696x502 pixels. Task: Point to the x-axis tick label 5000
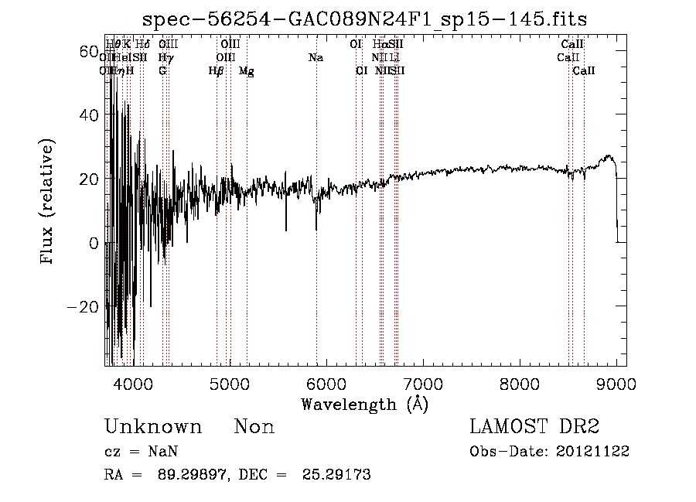click(230, 383)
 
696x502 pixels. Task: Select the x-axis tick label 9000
click(616, 383)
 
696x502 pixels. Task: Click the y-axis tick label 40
click(89, 115)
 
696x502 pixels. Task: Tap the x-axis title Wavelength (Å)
click(364, 404)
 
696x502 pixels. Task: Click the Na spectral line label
click(316, 58)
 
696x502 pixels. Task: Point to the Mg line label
click(246, 71)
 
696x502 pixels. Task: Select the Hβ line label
click(216, 71)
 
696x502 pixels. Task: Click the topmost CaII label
click(572, 45)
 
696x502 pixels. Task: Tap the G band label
click(162, 71)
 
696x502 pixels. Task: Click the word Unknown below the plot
click(152, 427)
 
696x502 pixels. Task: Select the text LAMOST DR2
click(534, 427)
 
